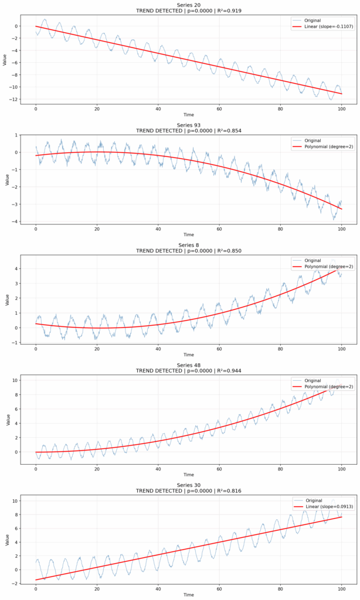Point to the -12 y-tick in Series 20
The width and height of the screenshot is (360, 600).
(x=13, y=99)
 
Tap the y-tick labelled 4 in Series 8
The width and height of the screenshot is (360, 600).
(x=17, y=269)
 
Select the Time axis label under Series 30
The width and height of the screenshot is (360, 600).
(x=188, y=595)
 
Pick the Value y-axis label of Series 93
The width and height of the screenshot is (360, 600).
(x=5, y=179)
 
